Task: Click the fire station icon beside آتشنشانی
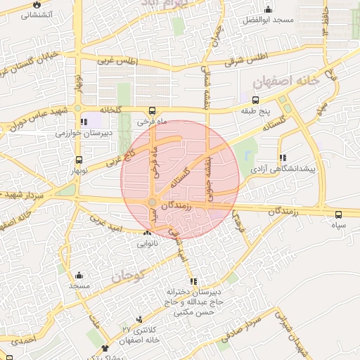pyautogui.click(x=34, y=4)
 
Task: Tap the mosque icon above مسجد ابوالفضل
pyautogui.click(x=268, y=10)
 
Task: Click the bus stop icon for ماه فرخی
pyautogui.click(x=153, y=110)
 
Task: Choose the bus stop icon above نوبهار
pyautogui.click(x=78, y=160)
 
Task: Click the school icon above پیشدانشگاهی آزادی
pyautogui.click(x=283, y=158)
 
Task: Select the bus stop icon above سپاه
pyautogui.click(x=339, y=214)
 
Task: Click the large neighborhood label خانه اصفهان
pyautogui.click(x=285, y=82)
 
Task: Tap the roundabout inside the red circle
pyautogui.click(x=152, y=203)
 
